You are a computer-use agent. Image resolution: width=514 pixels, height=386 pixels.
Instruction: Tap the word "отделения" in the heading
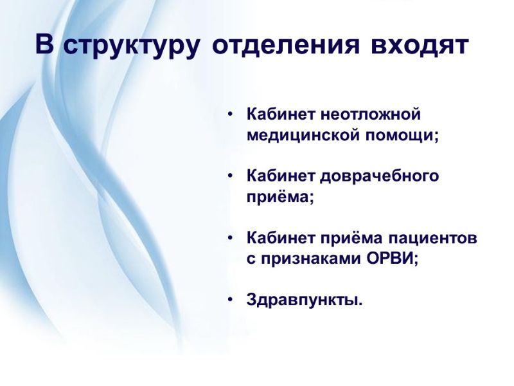tap(286, 44)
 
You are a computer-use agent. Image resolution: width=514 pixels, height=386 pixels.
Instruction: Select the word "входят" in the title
tap(420, 44)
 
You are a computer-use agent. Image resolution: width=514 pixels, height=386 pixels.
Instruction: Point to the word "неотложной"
tap(371, 115)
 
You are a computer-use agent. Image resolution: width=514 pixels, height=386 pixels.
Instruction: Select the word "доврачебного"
tap(380, 176)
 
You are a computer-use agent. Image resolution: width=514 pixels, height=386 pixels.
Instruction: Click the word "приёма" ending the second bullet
tap(277, 198)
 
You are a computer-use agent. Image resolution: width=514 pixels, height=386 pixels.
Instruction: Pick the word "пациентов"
tap(432, 238)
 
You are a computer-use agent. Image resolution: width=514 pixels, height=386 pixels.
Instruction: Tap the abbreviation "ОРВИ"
tap(389, 259)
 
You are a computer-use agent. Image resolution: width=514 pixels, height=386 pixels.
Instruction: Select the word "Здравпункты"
tap(302, 300)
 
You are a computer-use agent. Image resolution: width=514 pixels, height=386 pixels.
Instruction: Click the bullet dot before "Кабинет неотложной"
tap(230, 115)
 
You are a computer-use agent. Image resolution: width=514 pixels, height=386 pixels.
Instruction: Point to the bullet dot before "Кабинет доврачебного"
tap(230, 176)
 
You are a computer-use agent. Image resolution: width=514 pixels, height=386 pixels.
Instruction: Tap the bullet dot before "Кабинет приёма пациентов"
tap(230, 237)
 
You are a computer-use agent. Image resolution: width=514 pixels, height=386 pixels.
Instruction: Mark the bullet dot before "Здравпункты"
tap(230, 299)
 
